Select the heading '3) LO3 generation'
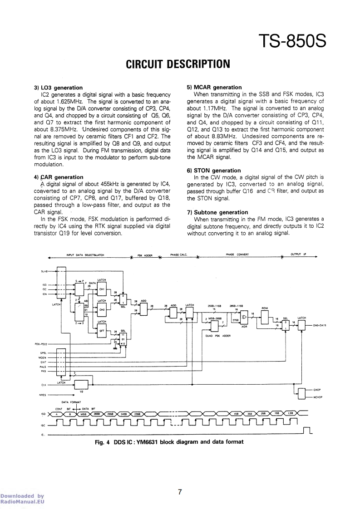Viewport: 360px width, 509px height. tap(58, 88)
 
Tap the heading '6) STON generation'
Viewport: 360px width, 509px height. tap(214, 171)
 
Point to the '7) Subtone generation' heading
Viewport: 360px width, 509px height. tap(217, 212)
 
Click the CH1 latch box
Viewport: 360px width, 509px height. tap(102, 289)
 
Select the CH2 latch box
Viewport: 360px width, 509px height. tap(102, 310)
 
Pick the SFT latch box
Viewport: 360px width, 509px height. tap(102, 331)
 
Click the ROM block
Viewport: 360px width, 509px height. tap(265, 317)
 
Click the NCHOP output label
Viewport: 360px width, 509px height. tap(317, 397)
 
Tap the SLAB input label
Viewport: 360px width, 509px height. tap(44, 271)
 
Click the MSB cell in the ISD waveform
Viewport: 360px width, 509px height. tap(84, 414)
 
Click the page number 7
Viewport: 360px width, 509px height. tap(180, 492)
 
